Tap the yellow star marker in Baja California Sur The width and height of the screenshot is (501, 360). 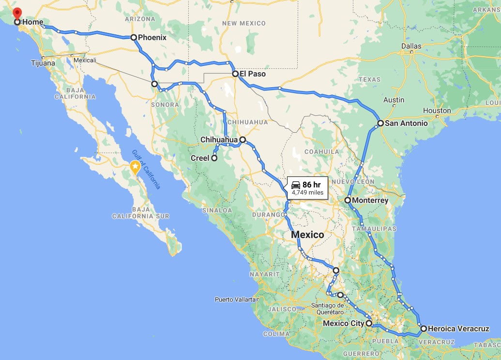point(135,168)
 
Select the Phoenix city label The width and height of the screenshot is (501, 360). point(152,37)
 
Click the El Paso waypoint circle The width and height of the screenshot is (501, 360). point(235,74)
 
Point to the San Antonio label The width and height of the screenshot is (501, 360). point(407,123)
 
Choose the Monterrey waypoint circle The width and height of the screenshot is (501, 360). point(348,200)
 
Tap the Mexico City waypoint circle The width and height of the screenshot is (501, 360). point(369,323)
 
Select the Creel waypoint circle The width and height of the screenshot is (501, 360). point(214,158)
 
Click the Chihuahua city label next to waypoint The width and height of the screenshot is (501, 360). point(219,140)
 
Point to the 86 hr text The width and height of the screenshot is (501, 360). point(312,185)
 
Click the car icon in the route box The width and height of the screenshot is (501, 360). point(296,185)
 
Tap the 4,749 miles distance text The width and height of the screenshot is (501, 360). point(307,193)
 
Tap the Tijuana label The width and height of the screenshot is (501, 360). point(43,63)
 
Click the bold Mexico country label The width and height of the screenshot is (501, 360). point(307,235)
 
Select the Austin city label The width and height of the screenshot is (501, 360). point(393,100)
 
